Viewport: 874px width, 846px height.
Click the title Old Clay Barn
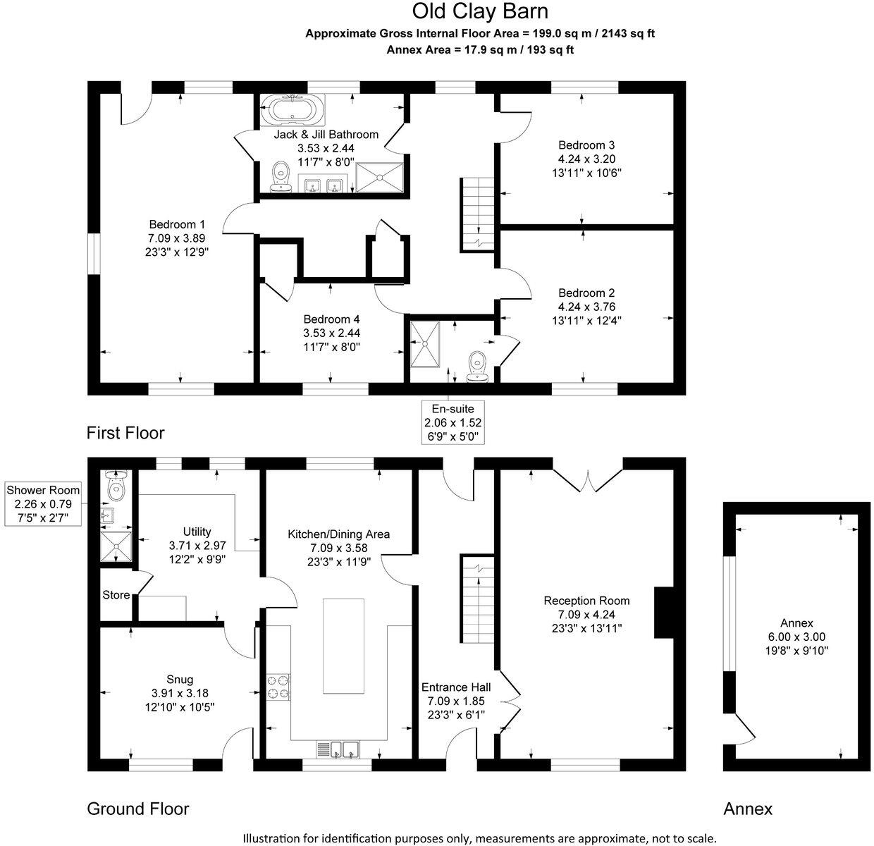[480, 12]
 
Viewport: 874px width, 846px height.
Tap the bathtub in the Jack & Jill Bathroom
[293, 109]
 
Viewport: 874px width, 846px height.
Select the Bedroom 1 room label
[177, 224]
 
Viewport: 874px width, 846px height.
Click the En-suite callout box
[453, 422]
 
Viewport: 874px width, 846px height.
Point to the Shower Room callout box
[43, 503]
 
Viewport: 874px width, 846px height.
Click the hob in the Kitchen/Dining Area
[278, 687]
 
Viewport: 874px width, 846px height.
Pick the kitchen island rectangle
[343, 646]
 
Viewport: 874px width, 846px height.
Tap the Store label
[116, 595]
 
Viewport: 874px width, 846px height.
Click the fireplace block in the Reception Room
[664, 613]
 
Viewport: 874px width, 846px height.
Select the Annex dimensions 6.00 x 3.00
[796, 637]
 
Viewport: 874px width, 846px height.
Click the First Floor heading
[125, 433]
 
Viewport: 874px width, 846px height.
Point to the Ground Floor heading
[138, 809]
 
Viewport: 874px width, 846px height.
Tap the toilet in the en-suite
[477, 366]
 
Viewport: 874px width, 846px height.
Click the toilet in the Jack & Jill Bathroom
[281, 176]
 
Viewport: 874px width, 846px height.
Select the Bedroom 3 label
[586, 145]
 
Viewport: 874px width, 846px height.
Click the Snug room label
[180, 680]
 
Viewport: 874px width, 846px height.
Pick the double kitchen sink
[345, 749]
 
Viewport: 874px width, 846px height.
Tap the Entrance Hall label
[456, 687]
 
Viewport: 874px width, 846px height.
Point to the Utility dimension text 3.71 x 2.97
[197, 546]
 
